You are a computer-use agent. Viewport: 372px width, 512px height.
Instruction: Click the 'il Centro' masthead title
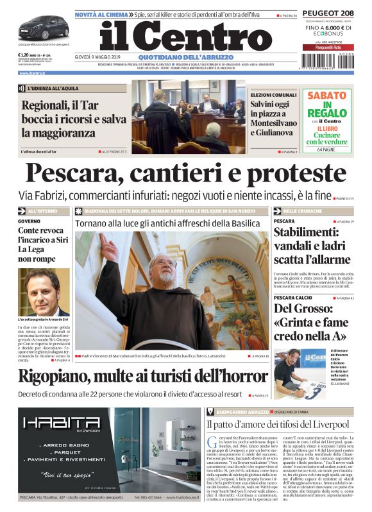[186, 37]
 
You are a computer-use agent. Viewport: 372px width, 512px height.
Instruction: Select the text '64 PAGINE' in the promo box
[327, 149]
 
